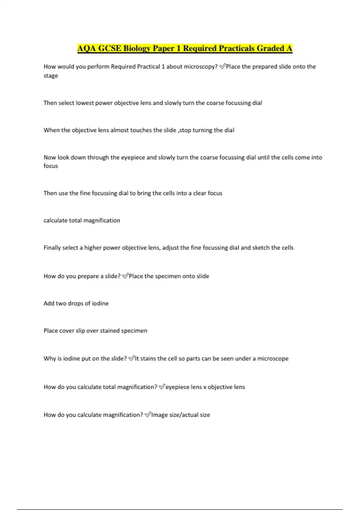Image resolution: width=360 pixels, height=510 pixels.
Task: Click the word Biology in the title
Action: [x=137, y=49]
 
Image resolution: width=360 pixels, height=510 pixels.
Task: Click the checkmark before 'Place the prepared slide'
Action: [x=222, y=67]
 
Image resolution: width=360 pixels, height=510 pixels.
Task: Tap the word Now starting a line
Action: [x=50, y=157]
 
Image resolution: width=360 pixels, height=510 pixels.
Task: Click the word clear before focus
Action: [x=199, y=193]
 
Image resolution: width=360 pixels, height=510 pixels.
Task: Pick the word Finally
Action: [x=52, y=248]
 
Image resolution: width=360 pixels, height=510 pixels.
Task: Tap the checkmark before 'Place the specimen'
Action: [x=125, y=276]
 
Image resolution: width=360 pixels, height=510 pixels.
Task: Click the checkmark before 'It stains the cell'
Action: [x=131, y=358]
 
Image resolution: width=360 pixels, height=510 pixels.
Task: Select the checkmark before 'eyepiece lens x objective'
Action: [x=162, y=387]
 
